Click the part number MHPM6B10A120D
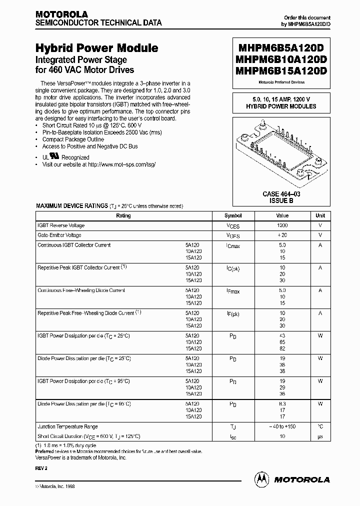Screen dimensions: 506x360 click(x=279, y=59)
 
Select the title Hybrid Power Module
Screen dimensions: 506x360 click(x=96, y=48)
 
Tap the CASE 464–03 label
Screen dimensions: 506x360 click(x=281, y=194)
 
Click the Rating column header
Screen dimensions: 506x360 click(x=123, y=215)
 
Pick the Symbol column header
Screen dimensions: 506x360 click(x=233, y=215)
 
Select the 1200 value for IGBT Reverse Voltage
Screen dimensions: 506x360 click(x=282, y=225)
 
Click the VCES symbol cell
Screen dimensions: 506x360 click(x=233, y=226)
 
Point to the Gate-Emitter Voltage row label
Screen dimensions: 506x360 click(x=59, y=235)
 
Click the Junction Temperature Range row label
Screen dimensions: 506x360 click(x=67, y=426)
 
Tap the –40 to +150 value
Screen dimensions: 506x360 click(x=282, y=426)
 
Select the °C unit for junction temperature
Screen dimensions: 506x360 click(x=320, y=426)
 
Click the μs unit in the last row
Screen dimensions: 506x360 click(x=320, y=436)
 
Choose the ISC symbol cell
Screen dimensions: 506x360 click(x=233, y=436)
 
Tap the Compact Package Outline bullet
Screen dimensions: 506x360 click(x=73, y=139)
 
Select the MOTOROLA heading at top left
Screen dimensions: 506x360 click(x=61, y=14)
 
